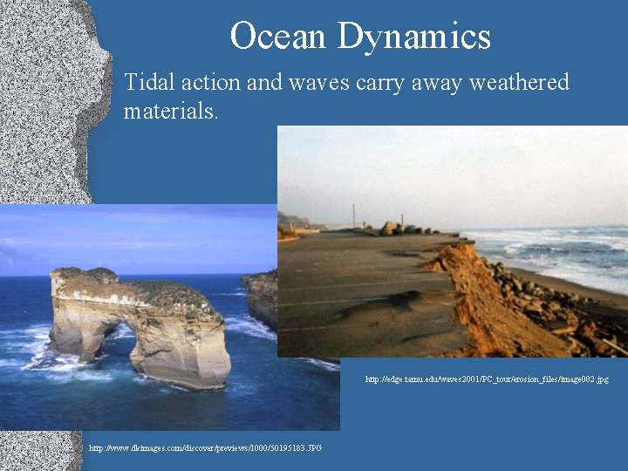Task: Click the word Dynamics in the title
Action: (x=414, y=37)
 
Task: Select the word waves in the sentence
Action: (x=326, y=83)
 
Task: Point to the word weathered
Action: (x=519, y=83)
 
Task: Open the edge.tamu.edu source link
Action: (x=487, y=379)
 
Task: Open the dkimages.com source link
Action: (x=205, y=448)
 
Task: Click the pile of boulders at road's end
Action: (x=406, y=229)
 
